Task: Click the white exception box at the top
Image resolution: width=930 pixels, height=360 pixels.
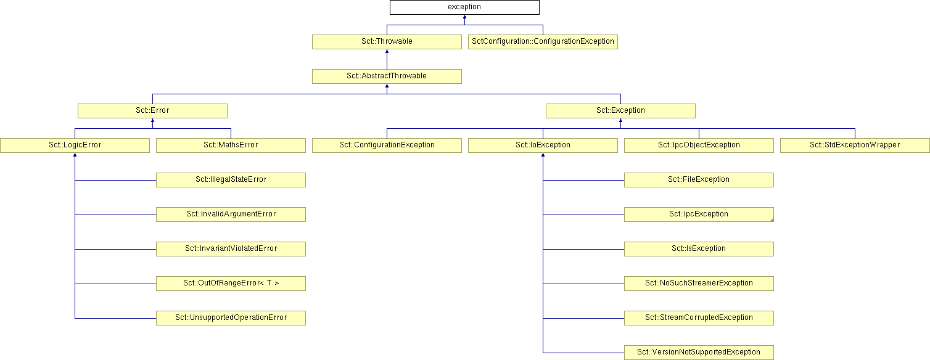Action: coord(464,7)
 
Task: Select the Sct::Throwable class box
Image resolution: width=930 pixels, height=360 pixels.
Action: coord(387,42)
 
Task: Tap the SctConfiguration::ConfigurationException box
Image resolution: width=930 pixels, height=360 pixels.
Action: coord(543,42)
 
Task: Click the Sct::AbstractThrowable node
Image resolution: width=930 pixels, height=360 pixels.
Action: coord(387,76)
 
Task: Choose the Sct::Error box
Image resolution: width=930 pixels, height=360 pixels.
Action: coord(153,111)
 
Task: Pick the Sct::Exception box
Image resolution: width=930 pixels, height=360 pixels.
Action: coord(620,111)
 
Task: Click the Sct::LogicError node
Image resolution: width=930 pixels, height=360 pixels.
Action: coord(75,145)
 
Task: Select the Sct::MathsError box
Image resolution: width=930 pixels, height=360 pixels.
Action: coord(231,145)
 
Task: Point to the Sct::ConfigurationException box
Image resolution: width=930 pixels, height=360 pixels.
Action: coord(387,145)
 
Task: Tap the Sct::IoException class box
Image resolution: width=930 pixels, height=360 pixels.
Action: coord(543,145)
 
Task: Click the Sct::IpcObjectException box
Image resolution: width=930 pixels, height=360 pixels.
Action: coord(699,145)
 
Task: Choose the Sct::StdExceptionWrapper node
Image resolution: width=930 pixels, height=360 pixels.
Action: coord(855,145)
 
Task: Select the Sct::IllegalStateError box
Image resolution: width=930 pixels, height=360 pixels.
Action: coord(231,180)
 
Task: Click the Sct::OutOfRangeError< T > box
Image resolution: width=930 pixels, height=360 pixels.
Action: coord(231,284)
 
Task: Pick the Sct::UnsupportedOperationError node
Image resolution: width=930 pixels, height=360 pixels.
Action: coord(231,318)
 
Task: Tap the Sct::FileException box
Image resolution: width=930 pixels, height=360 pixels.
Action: coord(699,180)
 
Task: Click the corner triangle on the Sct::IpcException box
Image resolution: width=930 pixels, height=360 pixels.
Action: coord(772,220)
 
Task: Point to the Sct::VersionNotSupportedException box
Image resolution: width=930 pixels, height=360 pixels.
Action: coord(699,353)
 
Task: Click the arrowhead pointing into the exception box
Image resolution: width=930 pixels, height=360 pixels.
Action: coord(464,17)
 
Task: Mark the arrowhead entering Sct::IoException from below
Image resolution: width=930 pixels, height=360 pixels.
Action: coord(543,155)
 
